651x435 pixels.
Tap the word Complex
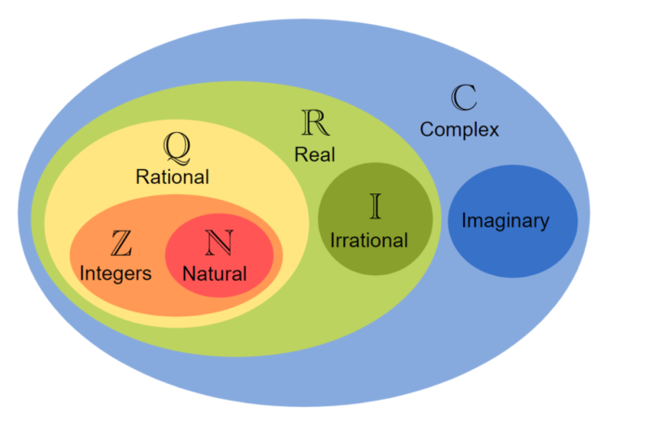(x=459, y=129)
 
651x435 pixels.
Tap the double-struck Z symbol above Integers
(x=121, y=244)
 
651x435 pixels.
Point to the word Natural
(x=215, y=274)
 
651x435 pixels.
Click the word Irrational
(x=369, y=241)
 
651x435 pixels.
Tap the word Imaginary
(x=505, y=222)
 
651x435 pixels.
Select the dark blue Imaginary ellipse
(x=512, y=251)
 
